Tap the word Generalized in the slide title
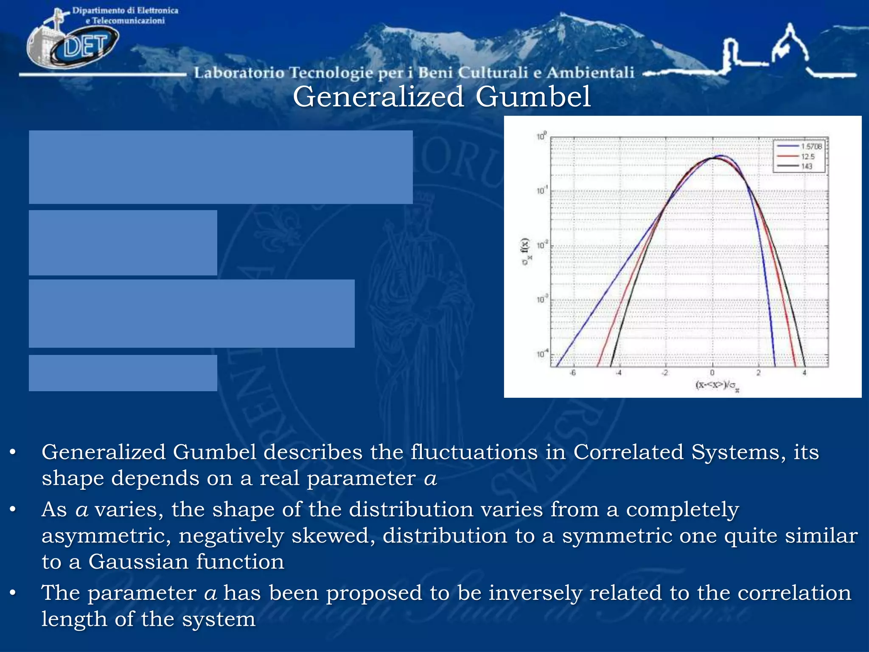378,97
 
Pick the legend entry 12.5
807,157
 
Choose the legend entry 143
806,166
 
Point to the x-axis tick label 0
712,373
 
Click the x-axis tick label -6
572,373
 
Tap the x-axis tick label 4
804,373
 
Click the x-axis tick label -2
665,373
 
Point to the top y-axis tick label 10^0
541,136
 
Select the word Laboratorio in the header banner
239,73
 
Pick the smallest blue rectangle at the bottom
123,373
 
